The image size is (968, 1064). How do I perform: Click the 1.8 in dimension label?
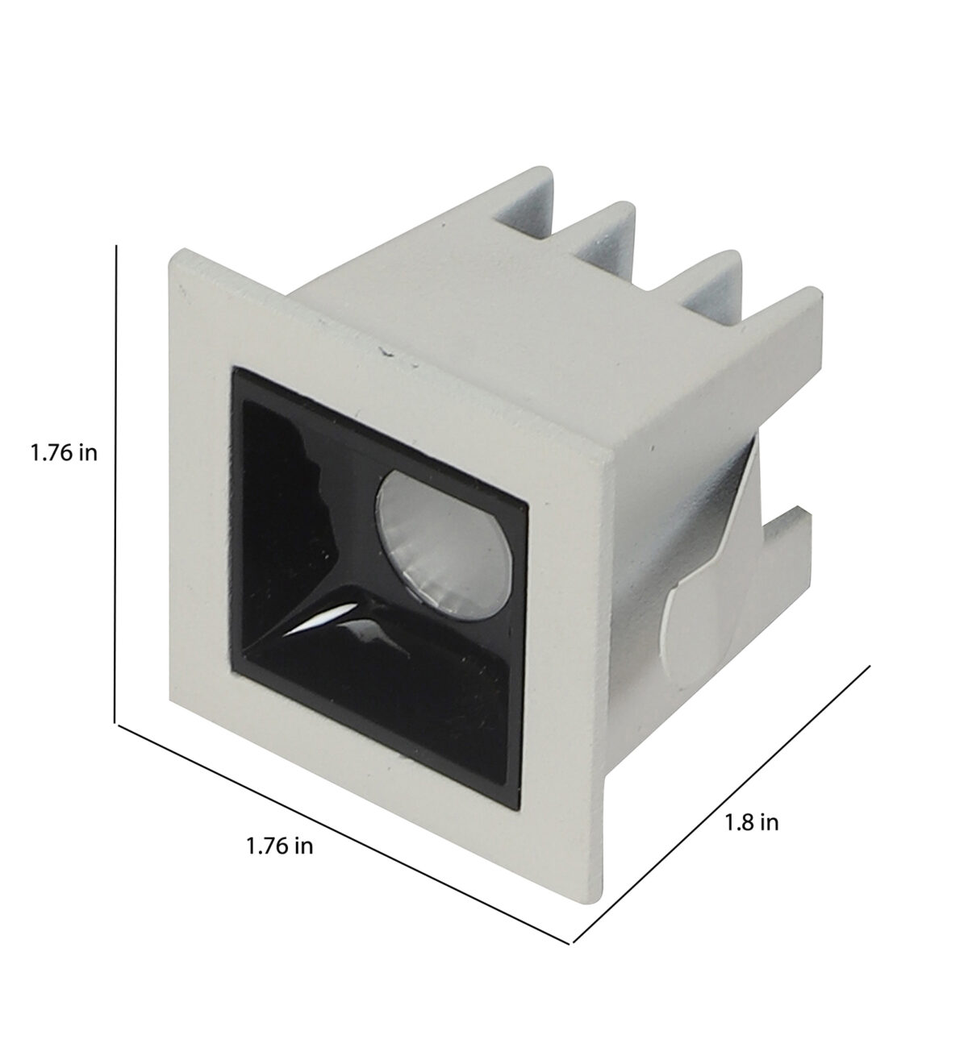pos(751,823)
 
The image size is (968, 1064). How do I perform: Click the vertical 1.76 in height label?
pos(64,454)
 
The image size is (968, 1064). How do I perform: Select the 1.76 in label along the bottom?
pos(279,846)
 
